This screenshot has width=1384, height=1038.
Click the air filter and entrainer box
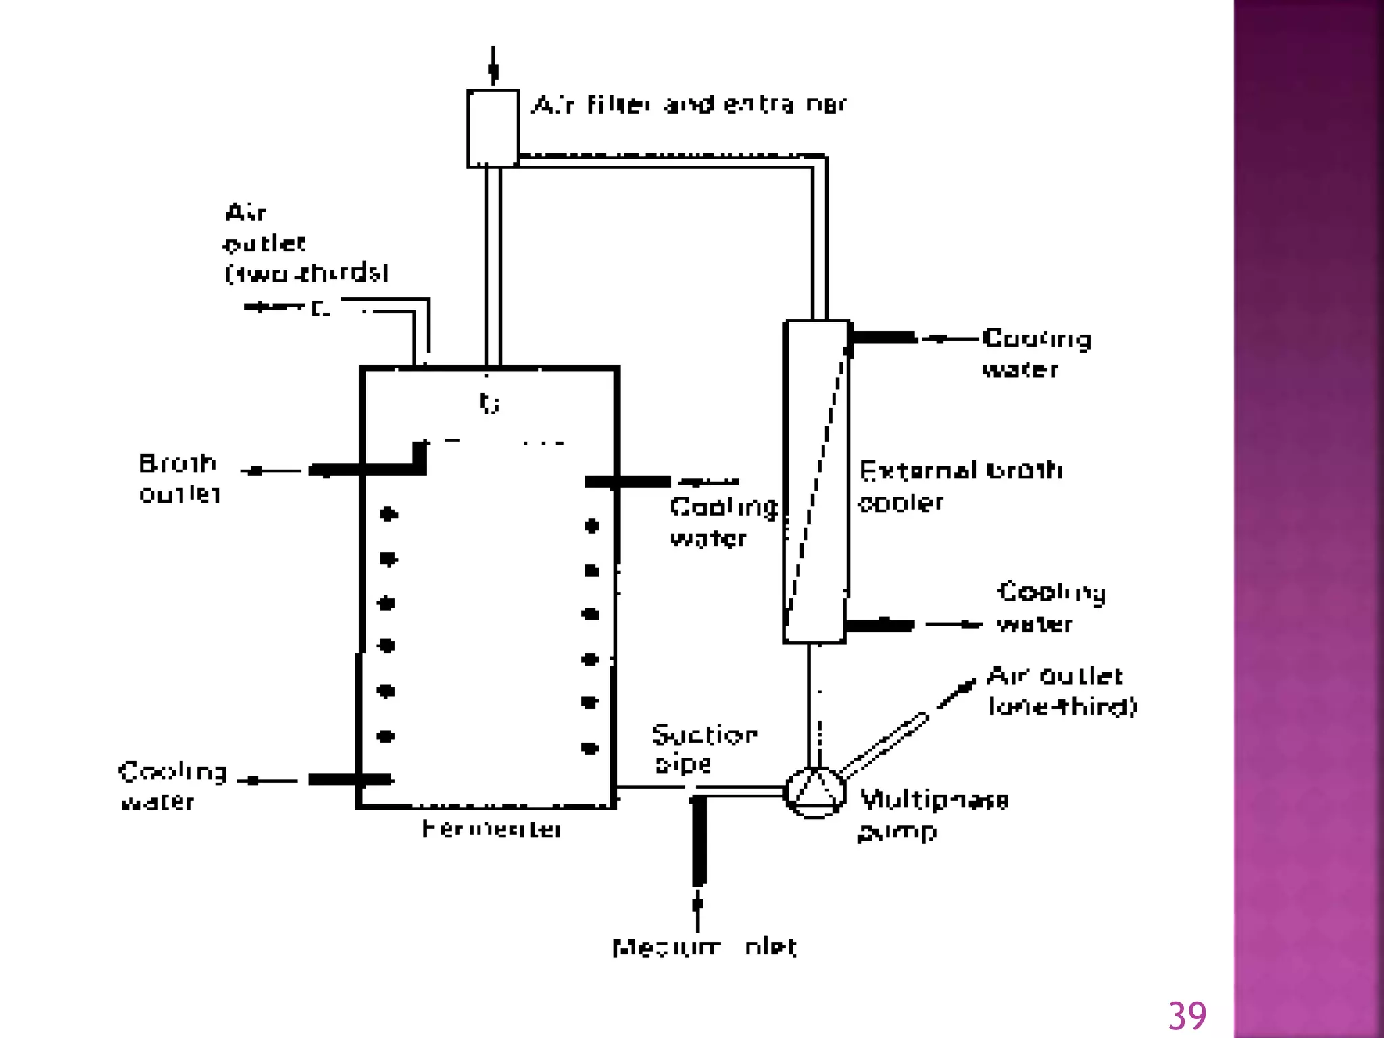click(493, 128)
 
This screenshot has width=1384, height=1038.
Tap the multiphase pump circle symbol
click(815, 792)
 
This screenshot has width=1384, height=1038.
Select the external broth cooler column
click(816, 481)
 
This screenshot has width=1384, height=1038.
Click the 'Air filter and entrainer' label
click(689, 105)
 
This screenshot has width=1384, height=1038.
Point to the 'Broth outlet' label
click(179, 478)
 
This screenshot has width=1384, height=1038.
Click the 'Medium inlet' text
click(704, 947)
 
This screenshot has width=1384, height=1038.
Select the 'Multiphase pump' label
click(933, 814)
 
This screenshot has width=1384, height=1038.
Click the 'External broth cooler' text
click(960, 486)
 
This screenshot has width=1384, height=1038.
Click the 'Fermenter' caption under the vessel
click(491, 829)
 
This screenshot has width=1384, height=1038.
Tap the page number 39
click(1187, 1016)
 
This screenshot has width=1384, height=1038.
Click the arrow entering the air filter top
click(493, 66)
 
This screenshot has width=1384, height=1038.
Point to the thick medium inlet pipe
click(699, 841)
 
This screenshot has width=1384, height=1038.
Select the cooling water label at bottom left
click(172, 786)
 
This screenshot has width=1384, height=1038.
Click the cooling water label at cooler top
click(1036, 353)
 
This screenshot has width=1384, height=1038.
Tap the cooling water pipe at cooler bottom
click(879, 624)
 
